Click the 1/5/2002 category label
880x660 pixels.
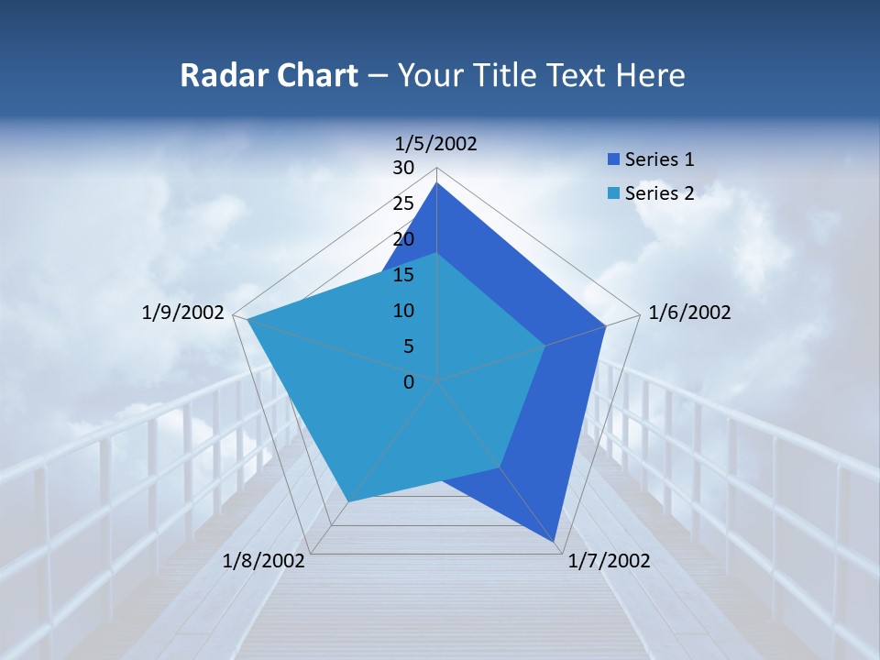click(436, 143)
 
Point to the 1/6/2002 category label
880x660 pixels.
click(689, 313)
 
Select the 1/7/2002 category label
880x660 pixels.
click(609, 561)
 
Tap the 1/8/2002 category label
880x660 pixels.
click(264, 561)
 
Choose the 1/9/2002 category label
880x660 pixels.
click(183, 313)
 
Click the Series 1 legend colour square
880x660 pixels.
click(613, 160)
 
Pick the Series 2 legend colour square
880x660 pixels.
click(613, 193)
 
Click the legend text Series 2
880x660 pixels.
click(659, 193)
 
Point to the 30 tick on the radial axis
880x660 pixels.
click(403, 168)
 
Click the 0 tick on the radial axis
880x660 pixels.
click(409, 381)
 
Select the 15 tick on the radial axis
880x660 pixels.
click(403, 275)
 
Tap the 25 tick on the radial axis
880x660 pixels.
click(403, 203)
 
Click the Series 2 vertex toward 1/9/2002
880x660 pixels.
click(247, 319)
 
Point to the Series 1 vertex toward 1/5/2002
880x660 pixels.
click(436, 182)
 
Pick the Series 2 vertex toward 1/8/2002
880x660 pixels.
click(348, 500)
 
